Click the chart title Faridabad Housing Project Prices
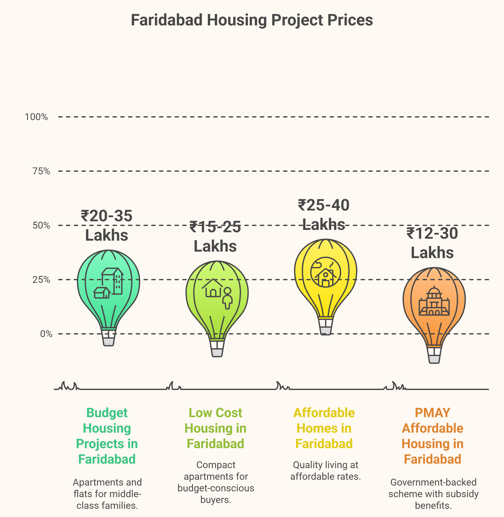[x=252, y=20]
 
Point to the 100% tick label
[x=36, y=117]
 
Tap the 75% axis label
[x=41, y=171]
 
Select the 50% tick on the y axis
[x=41, y=225]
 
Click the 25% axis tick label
[x=41, y=280]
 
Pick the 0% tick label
[x=46, y=334]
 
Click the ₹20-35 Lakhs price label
[x=106, y=225]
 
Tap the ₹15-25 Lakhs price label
[x=215, y=236]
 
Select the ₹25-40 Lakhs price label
[x=324, y=215]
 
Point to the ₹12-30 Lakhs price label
[x=432, y=243]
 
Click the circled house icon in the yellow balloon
[x=326, y=272]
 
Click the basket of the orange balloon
[x=434, y=355]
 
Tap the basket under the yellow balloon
[x=326, y=327]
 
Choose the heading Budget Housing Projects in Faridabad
[x=107, y=436]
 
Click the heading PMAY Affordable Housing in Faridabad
[x=432, y=436]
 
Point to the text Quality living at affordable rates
[x=325, y=471]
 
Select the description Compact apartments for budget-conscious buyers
[x=216, y=482]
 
